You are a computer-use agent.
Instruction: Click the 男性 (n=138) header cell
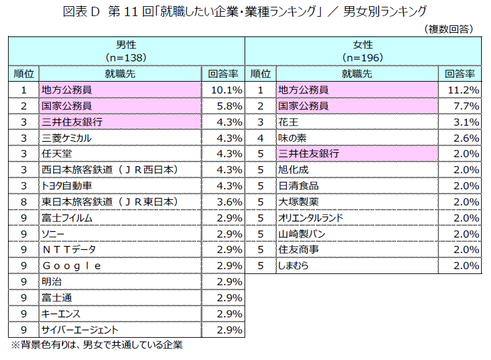(x=126, y=51)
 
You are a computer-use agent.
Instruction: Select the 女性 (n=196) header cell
(x=363, y=51)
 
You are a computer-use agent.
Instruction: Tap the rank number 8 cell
(x=24, y=202)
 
